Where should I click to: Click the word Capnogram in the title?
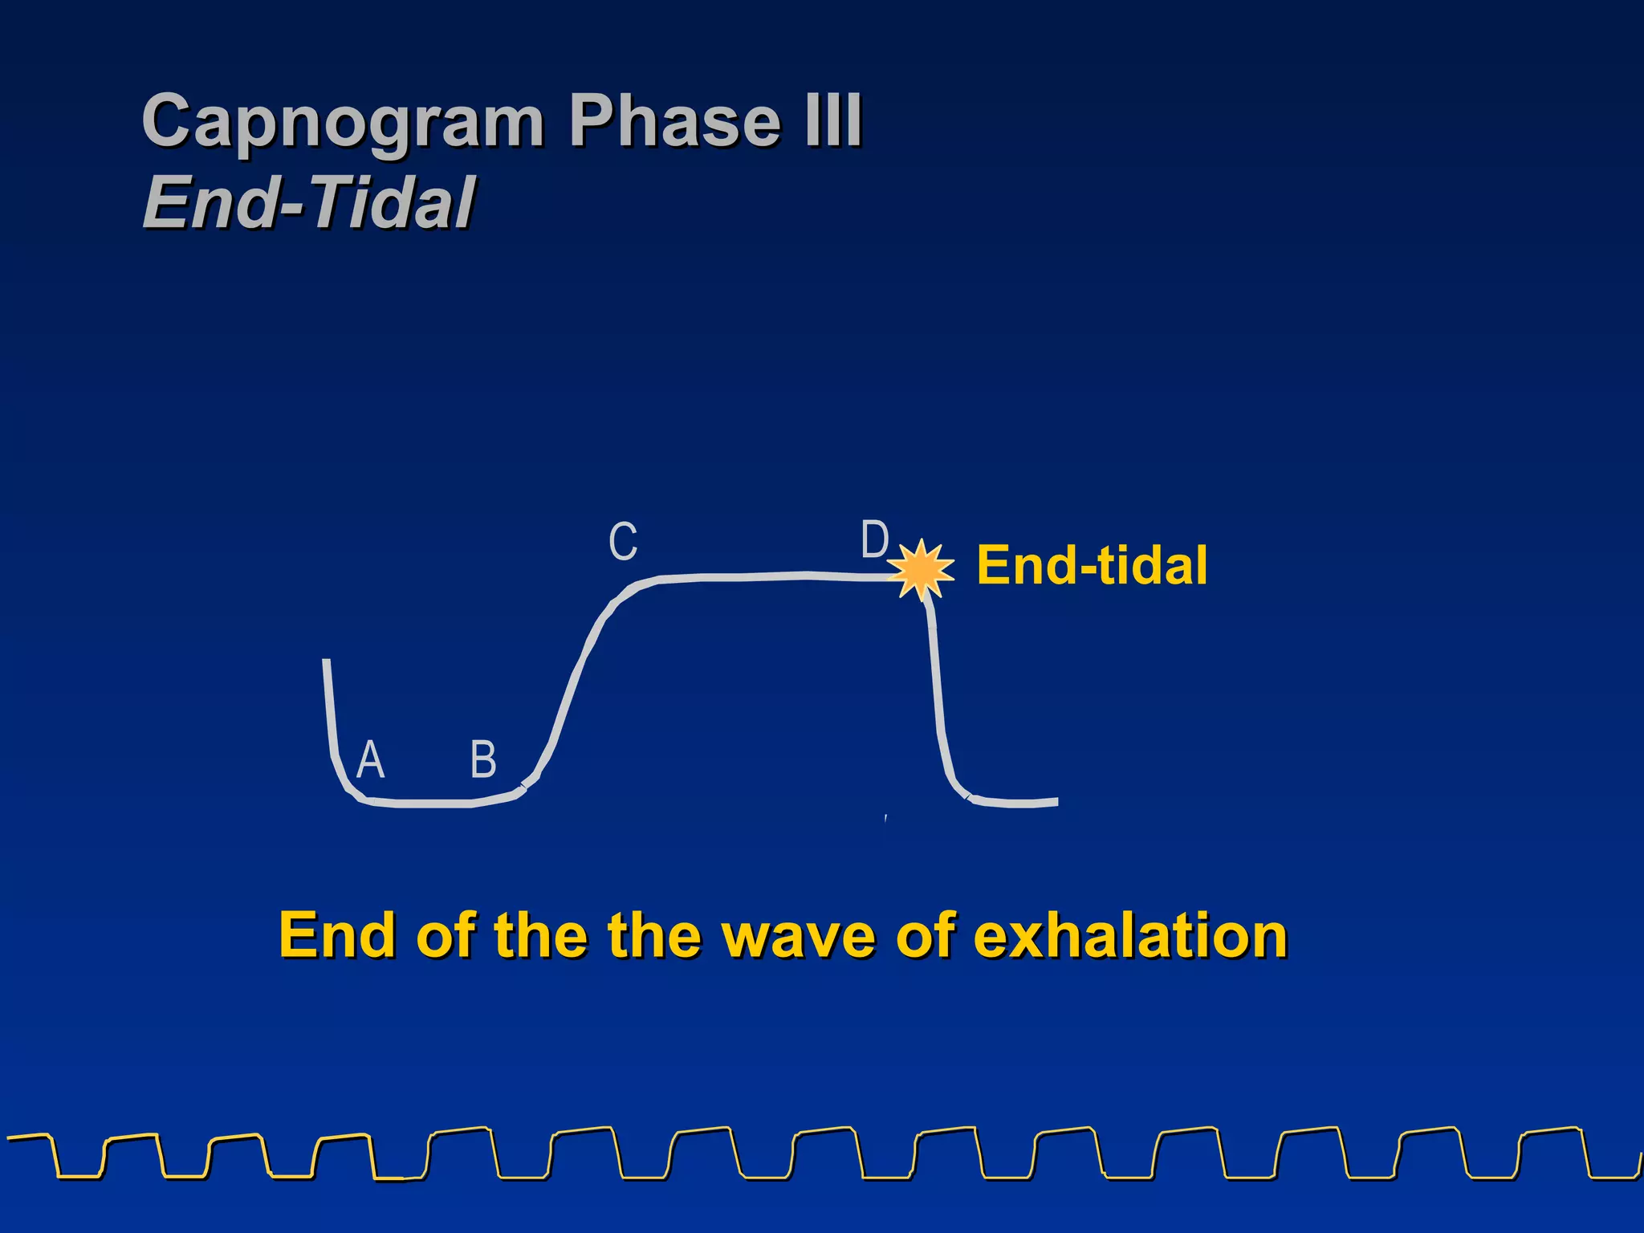coord(343,122)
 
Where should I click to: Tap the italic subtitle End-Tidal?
coord(309,204)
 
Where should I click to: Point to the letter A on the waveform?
coord(370,759)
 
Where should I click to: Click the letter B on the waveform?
coord(483,759)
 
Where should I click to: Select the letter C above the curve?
coord(623,542)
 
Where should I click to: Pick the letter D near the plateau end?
coord(874,539)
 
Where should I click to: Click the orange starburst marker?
coord(922,570)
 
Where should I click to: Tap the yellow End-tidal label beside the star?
coord(1092,565)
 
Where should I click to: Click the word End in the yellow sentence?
coord(338,936)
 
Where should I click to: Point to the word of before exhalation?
coord(926,936)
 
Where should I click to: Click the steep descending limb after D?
coord(936,690)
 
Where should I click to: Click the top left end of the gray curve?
coord(326,662)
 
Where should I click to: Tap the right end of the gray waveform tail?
coord(1055,801)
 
